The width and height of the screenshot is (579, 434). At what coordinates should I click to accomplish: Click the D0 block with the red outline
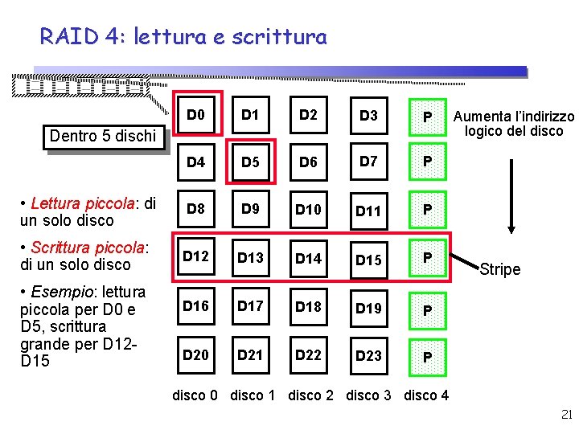[x=195, y=115]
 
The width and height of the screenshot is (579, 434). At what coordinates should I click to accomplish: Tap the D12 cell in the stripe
[x=195, y=257]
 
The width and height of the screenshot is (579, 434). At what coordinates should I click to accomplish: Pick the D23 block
[x=368, y=354]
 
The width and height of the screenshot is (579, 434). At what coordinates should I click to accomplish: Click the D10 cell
[x=308, y=210]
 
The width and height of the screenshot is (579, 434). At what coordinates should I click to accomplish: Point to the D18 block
[x=308, y=306]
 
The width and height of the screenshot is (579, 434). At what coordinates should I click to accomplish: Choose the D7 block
[x=368, y=162]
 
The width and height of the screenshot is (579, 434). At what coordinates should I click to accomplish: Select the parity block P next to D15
[x=428, y=258]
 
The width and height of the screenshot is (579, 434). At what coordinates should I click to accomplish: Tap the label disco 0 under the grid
[x=195, y=395]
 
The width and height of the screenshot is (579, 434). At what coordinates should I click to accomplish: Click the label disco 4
[x=426, y=395]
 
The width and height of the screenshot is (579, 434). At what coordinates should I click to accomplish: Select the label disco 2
[x=310, y=395]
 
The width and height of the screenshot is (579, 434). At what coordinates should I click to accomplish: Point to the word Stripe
[x=499, y=269]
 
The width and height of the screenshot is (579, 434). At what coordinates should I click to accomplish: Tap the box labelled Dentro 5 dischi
[x=103, y=136]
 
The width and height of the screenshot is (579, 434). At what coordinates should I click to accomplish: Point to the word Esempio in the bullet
[x=58, y=291]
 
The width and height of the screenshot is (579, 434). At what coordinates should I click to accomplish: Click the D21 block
[x=251, y=354]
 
